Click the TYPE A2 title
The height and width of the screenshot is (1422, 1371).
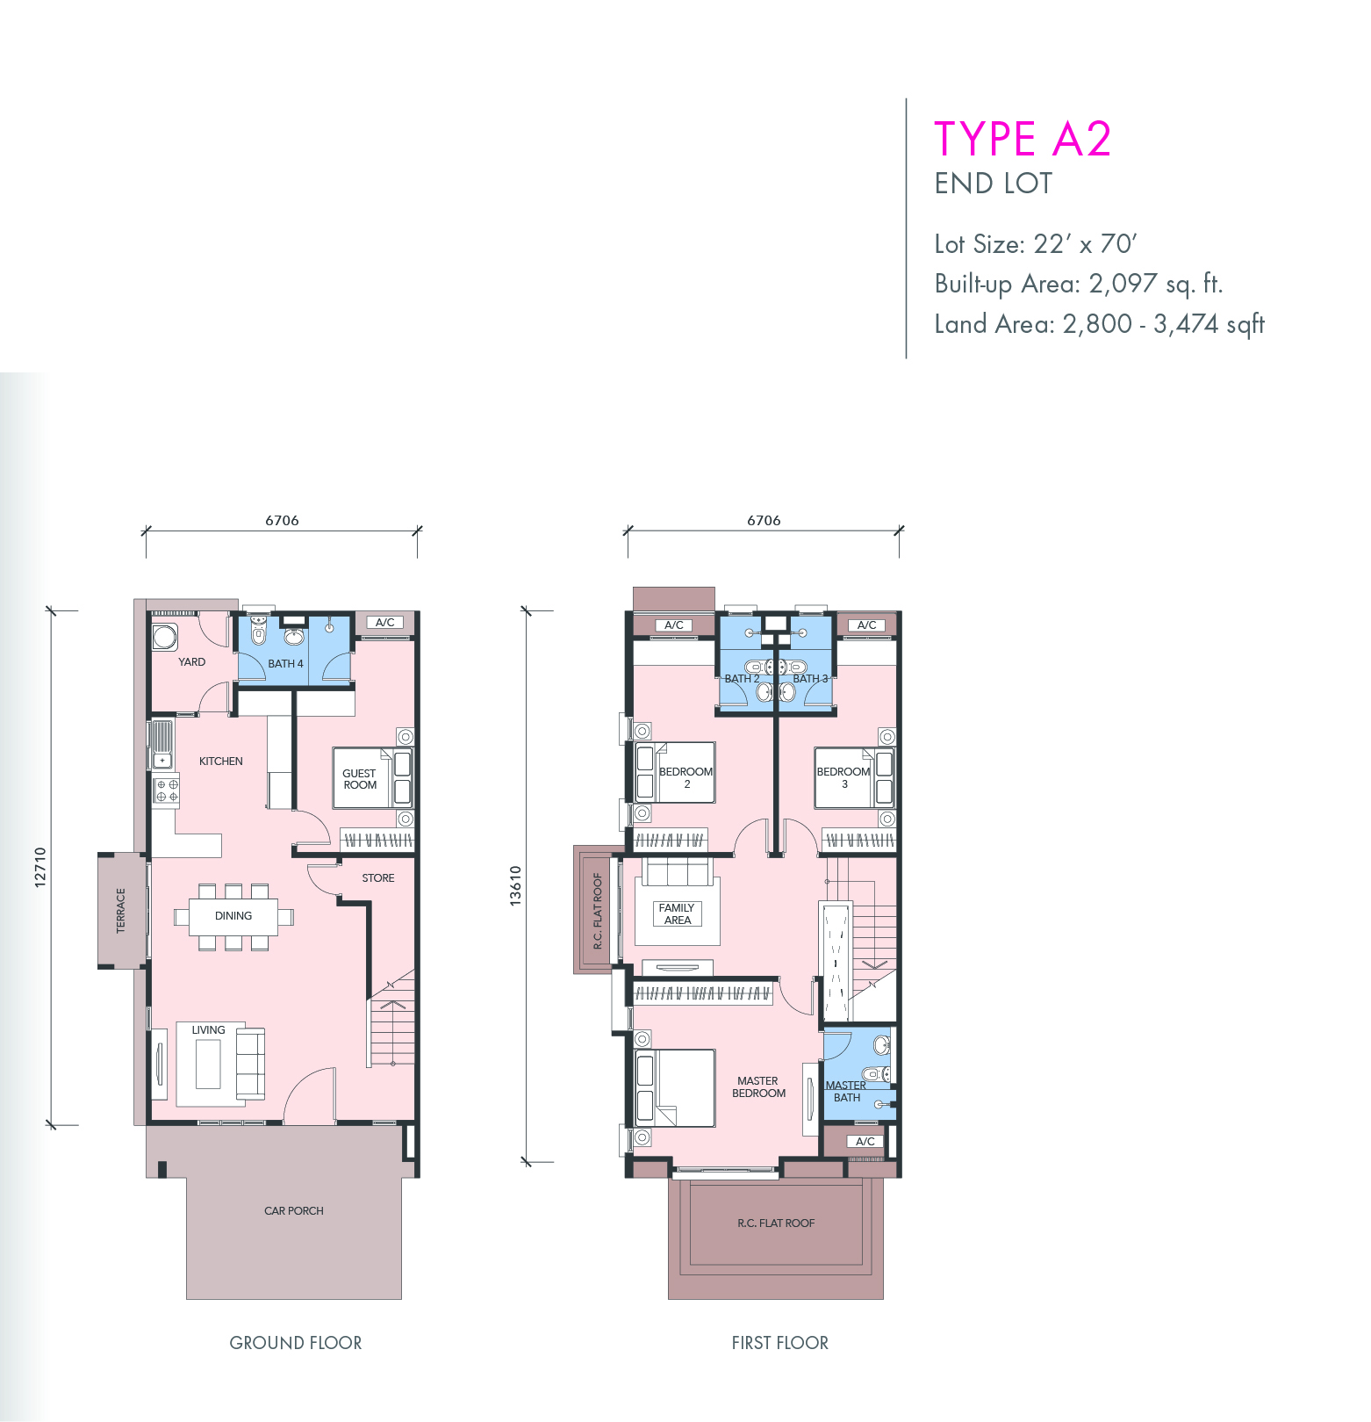click(x=1023, y=139)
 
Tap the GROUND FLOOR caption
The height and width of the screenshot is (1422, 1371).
click(x=296, y=1343)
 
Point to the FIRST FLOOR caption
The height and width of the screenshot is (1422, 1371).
click(x=780, y=1343)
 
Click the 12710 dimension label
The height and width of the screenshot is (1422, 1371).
click(x=40, y=868)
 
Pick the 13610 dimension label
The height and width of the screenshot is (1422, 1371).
click(x=516, y=886)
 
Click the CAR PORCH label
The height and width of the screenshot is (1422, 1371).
click(x=294, y=1210)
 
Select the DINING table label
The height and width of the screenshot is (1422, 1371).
click(x=233, y=915)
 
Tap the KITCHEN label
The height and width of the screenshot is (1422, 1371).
click(x=221, y=761)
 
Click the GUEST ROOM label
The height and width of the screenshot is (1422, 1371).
click(x=360, y=779)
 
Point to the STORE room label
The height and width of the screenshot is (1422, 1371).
click(x=378, y=877)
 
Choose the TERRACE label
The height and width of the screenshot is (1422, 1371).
click(x=121, y=910)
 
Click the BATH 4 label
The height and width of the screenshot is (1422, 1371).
click(x=285, y=663)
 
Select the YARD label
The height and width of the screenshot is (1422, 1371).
click(x=192, y=661)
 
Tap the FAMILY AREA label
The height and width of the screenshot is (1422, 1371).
click(x=677, y=913)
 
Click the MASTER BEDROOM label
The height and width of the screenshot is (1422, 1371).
click(x=759, y=1086)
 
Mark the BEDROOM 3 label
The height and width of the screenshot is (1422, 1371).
click(x=843, y=777)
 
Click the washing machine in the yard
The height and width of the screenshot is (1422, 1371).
click(x=165, y=636)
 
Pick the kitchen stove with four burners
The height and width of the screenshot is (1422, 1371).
click(x=167, y=790)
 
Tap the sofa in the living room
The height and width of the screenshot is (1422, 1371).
click(x=250, y=1064)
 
